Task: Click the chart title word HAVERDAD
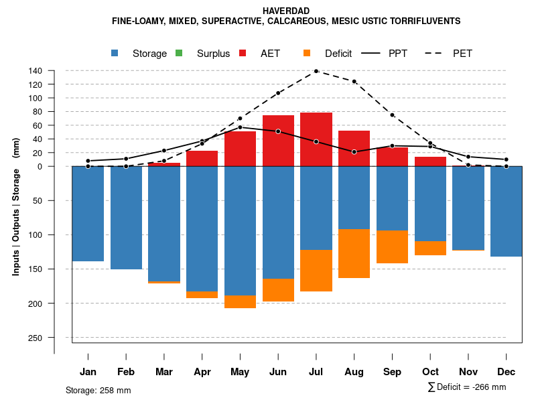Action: tap(286, 11)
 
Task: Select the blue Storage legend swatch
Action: tap(115, 53)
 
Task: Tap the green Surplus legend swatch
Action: tap(179, 53)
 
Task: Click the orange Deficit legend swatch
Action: tap(307, 53)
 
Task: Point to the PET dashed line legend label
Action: tap(462, 54)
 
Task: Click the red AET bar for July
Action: tap(316, 139)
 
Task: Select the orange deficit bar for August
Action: tap(354, 253)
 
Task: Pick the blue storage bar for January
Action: tap(88, 214)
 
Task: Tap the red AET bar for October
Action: tap(431, 161)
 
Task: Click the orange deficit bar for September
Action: tap(393, 247)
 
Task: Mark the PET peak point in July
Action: tap(316, 70)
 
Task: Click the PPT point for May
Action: tap(240, 127)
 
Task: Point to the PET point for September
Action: tap(393, 115)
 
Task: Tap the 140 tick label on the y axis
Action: tap(36, 71)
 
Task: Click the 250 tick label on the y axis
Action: tap(36, 338)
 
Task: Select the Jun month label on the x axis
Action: tap(278, 372)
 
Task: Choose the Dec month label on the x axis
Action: tap(507, 372)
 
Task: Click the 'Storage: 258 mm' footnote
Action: tap(98, 390)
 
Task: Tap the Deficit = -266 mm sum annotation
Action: tap(467, 387)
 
